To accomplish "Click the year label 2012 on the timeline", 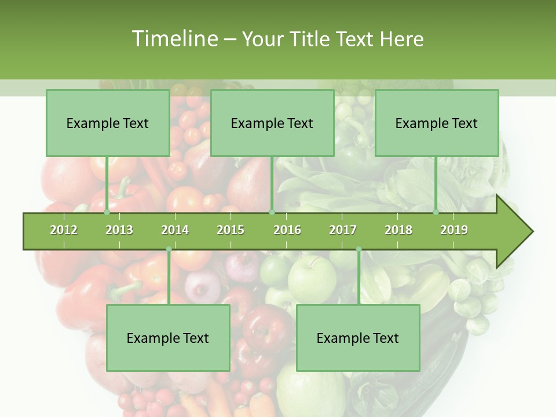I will [64, 230].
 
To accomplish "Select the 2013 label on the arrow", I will [119, 230].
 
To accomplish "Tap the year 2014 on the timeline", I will [175, 230].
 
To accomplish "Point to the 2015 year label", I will [231, 230].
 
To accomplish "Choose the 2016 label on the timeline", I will [287, 230].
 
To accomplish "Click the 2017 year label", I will [343, 230].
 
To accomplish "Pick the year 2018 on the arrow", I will [398, 230].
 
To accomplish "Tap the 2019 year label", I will [454, 230].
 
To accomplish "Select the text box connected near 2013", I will [108, 123].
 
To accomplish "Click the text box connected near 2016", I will [272, 123].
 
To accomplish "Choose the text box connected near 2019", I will [437, 123].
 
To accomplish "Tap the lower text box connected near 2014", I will [168, 338].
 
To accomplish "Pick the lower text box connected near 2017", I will [358, 338].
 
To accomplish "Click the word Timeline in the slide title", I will [174, 39].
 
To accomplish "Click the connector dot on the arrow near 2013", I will [107, 212].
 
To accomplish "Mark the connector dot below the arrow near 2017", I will [359, 249].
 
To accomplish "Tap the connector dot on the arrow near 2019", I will [436, 212].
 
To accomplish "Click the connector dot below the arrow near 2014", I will [169, 249].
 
